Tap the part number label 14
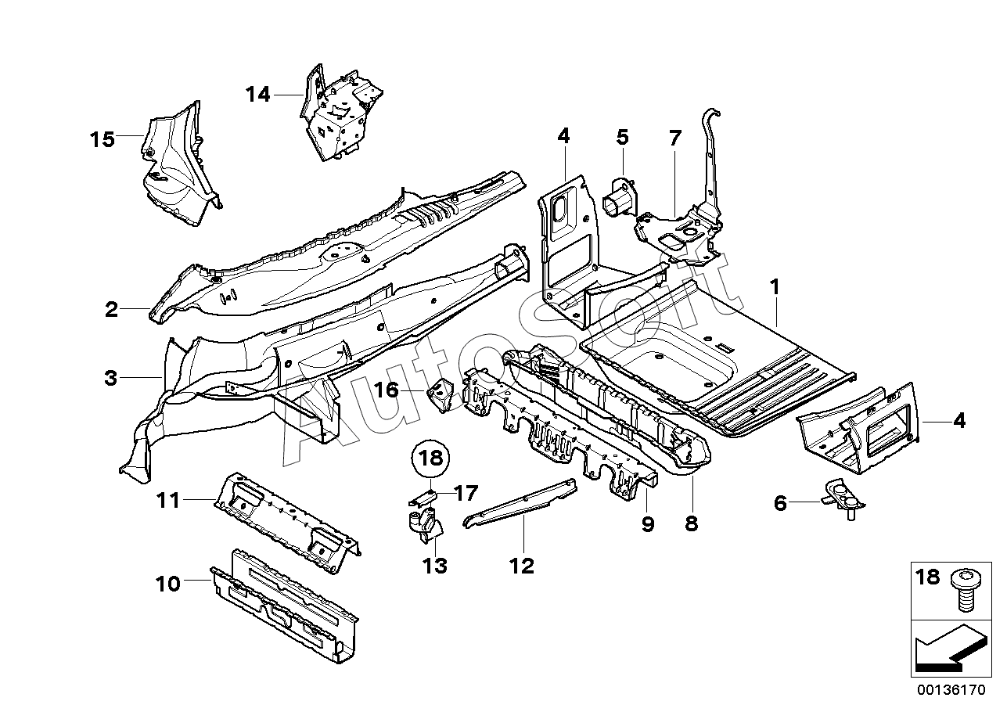pos(257,95)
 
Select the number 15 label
pos(102,140)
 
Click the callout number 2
pos(112,309)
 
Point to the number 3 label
pos(110,379)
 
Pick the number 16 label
pos(387,389)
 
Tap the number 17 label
pos(465,493)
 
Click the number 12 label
pos(522,565)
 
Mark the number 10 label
pos(168,583)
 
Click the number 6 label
pos(779,504)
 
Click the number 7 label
pos(674,138)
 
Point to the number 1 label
pos(774,288)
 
